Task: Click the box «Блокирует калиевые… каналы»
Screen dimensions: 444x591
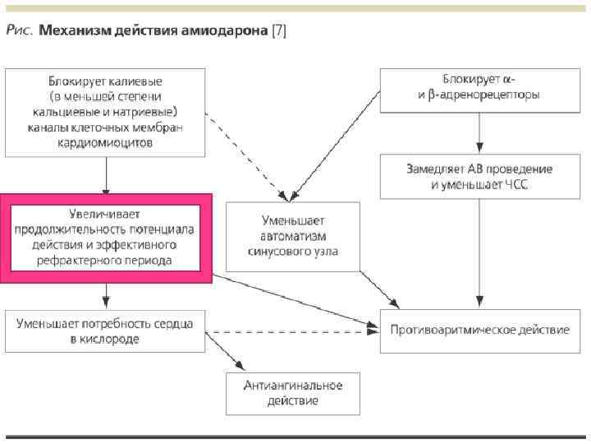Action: pyautogui.click(x=105, y=113)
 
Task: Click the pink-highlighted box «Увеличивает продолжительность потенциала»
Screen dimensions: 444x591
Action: pyautogui.click(x=106, y=237)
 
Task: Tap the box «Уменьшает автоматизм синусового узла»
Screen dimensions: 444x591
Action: pyautogui.click(x=292, y=236)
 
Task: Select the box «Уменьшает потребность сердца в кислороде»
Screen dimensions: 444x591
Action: pyautogui.click(x=105, y=331)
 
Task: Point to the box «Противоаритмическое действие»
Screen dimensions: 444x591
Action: pyautogui.click(x=479, y=331)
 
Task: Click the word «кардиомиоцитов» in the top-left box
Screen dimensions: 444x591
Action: pyautogui.click(x=105, y=143)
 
